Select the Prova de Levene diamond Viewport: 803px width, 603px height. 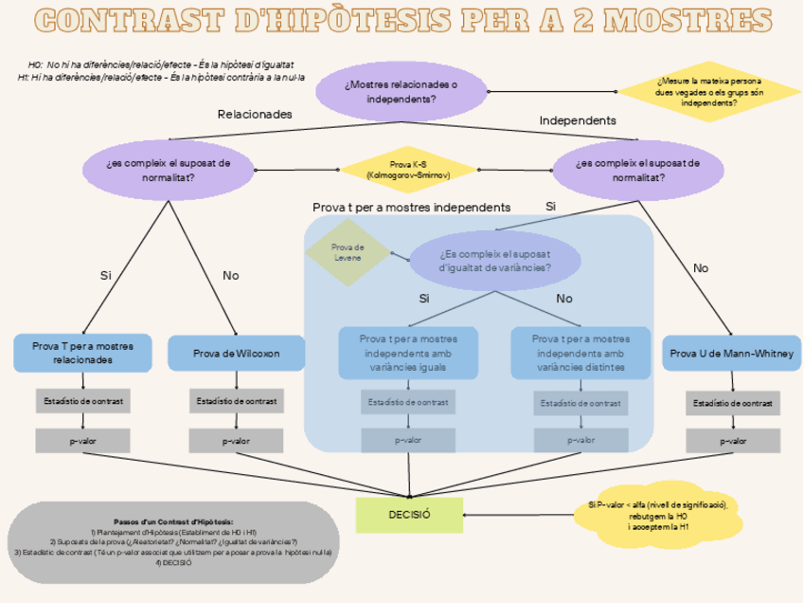tap(348, 252)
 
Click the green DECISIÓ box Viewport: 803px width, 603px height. tap(410, 514)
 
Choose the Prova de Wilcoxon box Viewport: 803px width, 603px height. tap(237, 354)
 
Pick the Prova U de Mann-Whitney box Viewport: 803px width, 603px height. tap(732, 354)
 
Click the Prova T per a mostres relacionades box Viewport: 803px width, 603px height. tap(82, 353)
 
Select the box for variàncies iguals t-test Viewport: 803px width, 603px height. tap(408, 353)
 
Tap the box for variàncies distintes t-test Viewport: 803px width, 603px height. tap(580, 353)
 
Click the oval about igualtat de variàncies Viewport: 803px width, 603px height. tap(494, 261)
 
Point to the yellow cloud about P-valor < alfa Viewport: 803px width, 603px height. tap(664, 517)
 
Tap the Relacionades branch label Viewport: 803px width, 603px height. tap(255, 114)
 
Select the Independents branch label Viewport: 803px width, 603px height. tap(578, 120)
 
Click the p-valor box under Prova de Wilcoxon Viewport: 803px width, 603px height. tap(237, 441)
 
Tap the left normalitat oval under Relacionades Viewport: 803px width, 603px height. tap(169, 170)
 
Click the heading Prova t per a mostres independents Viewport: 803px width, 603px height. tap(411, 207)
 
